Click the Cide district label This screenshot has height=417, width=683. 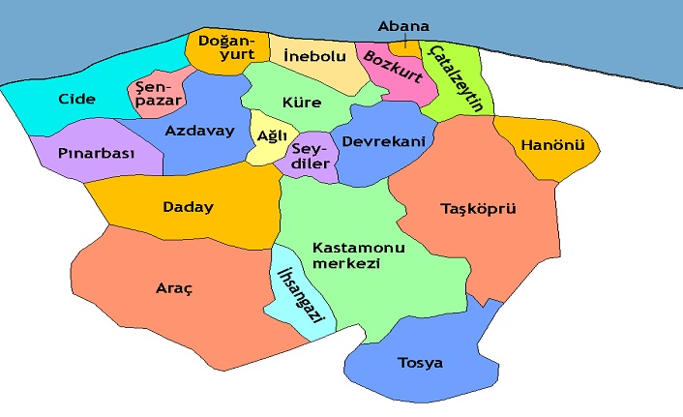pos(76,99)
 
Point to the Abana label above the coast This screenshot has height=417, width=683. pos(403,26)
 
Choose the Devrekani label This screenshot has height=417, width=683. pos(384,141)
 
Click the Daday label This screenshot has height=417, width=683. pos(188,207)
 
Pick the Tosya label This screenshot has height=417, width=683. pos(420,364)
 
